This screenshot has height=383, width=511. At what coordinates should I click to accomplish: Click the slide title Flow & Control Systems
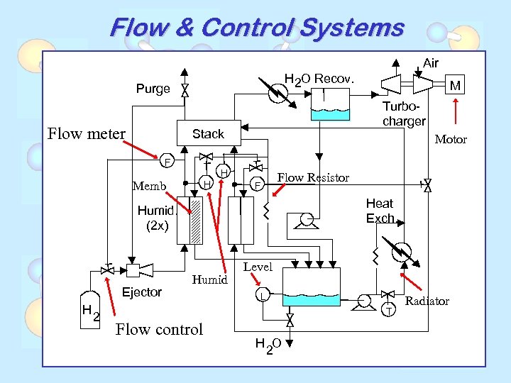[256, 28]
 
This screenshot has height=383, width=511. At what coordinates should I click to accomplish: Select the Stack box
[208, 133]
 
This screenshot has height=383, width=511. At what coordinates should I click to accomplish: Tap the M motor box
[455, 86]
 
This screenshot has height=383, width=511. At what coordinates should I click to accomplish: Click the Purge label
[153, 89]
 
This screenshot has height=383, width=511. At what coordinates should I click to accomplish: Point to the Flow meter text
[86, 133]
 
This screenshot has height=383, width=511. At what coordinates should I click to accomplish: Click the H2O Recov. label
[324, 78]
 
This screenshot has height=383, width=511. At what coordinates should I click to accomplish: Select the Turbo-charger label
[404, 113]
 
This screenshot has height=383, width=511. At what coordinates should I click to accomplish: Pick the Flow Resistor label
[313, 177]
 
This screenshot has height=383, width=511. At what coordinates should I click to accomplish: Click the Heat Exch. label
[380, 211]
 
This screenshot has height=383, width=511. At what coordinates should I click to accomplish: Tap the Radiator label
[427, 301]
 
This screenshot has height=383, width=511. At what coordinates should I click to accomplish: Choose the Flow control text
[159, 329]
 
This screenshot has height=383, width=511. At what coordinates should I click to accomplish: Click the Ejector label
[142, 292]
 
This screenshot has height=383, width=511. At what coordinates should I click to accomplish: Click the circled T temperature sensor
[388, 309]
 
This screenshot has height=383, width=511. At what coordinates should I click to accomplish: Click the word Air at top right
[431, 64]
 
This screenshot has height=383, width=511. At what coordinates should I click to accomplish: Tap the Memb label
[149, 187]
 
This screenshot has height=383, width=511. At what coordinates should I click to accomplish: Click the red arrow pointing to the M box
[455, 111]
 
